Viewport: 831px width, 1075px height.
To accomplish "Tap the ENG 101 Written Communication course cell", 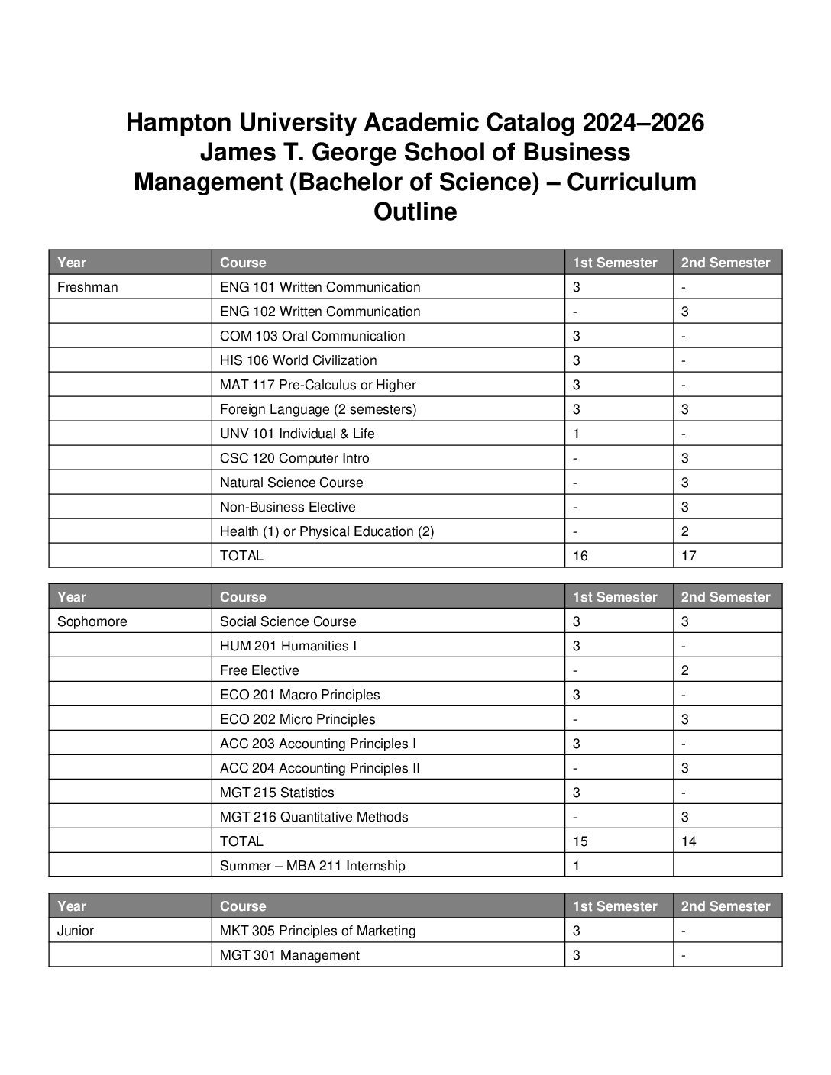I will point(320,287).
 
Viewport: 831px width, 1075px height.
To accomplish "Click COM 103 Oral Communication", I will point(312,336).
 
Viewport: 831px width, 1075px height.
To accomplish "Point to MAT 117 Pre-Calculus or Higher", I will point(318,385).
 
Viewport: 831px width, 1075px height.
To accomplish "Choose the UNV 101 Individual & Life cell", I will point(297,434).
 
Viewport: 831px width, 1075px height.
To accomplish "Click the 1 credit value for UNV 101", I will point(577,434).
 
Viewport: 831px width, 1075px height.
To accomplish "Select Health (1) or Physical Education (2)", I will point(327,531).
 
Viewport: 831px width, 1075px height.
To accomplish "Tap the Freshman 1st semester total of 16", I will point(580,556).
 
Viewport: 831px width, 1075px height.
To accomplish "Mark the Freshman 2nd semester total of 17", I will point(689,556).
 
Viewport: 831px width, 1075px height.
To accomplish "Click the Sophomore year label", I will point(92,621).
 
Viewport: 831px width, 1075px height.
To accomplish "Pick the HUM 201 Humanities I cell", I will point(288,646).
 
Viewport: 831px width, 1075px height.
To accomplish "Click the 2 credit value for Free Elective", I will point(685,670).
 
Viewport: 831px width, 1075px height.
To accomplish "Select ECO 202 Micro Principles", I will point(298,719).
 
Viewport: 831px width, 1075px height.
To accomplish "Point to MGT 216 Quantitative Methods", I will point(314,817).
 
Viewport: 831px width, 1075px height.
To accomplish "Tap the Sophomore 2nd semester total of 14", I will point(689,841).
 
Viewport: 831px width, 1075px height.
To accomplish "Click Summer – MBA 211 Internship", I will point(312,866).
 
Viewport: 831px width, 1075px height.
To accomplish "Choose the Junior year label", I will point(76,931).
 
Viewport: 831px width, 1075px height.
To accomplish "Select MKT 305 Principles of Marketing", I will point(318,931).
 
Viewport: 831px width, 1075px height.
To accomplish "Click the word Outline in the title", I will point(415,211).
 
